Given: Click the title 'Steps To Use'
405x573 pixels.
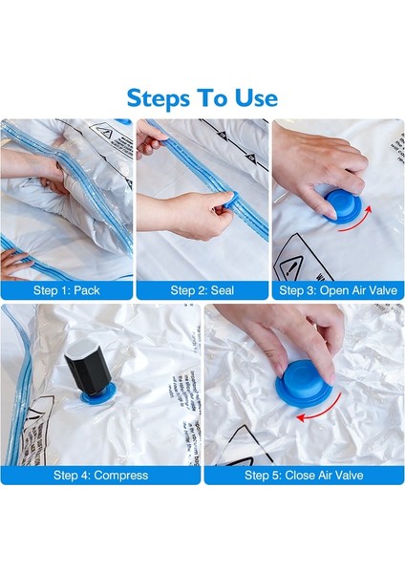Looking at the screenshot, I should coord(202,96).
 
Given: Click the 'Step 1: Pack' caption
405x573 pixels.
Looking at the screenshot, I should coord(66,289).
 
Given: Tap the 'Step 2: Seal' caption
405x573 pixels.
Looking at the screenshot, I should coord(202,289).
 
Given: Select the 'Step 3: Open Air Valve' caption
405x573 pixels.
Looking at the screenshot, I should coord(337,289).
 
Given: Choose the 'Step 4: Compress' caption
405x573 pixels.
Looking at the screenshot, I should coord(100,474).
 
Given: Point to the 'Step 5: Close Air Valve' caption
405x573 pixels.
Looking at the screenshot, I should coord(303,474).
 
